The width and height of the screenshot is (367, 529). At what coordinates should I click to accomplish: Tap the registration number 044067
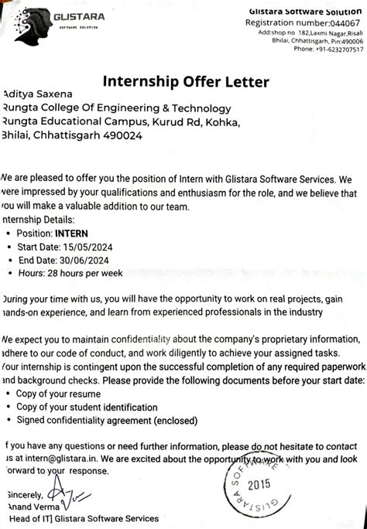tap(336, 23)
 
